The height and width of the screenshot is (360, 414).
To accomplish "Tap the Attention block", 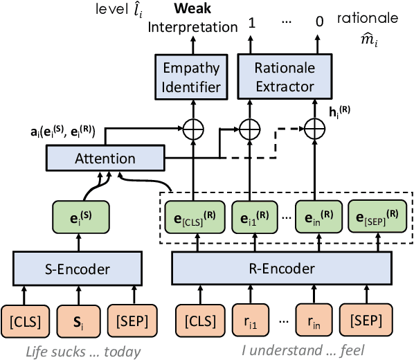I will click(105, 159).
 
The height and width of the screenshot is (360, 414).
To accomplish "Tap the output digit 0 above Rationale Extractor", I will click(318, 21).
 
